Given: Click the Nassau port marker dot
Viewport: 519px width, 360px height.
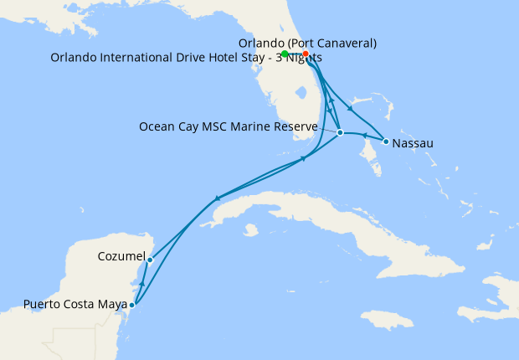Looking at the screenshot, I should tap(385, 141).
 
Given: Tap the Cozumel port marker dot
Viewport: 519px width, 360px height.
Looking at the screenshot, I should tap(150, 260).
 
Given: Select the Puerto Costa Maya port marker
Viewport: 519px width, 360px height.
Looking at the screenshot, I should tap(131, 305).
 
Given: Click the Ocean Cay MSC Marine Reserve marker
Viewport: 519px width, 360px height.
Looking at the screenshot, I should tap(340, 132).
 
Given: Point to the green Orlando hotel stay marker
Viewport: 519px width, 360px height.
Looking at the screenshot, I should tap(285, 54).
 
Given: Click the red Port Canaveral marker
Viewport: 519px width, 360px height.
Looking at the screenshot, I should tap(306, 54).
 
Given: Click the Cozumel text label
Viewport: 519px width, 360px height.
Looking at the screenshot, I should tap(122, 256).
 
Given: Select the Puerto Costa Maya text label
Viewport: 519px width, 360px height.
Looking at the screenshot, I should tap(75, 304).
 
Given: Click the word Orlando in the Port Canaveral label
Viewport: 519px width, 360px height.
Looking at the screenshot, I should tap(261, 43).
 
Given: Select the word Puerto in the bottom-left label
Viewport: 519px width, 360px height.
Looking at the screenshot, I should tap(42, 304).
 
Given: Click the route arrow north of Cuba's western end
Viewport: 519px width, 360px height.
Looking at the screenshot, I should tap(217, 198).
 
